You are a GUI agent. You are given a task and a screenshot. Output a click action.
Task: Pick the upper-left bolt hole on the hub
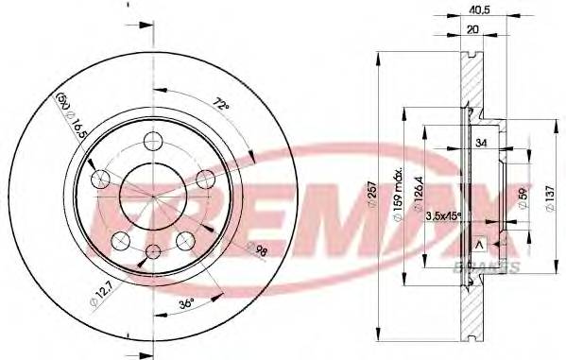[95, 179]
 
